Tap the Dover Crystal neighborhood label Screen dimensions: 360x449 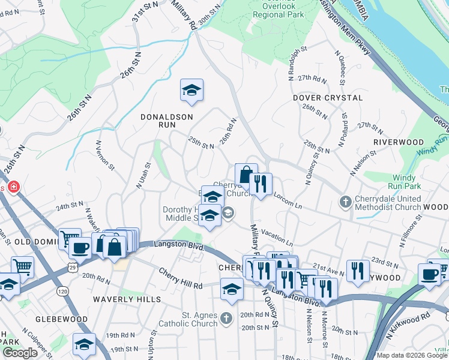pos(328,97)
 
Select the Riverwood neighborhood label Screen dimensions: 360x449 pos(399,142)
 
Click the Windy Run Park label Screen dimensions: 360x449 pos(408,182)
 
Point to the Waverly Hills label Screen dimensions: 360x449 pos(127,299)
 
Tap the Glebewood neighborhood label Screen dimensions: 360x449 pos(61,319)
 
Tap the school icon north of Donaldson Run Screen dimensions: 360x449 pos(191,91)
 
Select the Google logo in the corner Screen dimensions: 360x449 pos(20,353)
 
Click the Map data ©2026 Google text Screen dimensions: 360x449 pos(411,355)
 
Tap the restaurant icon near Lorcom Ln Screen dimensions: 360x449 pos(261,184)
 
